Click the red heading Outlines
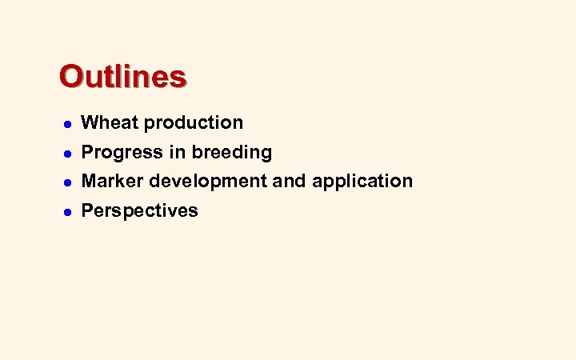point(122,77)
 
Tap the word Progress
point(120,152)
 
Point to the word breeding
point(233,152)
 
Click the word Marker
point(113,181)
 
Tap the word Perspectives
point(140,210)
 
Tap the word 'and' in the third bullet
point(290,181)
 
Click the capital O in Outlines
point(70,77)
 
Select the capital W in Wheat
point(90,122)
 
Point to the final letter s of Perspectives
point(194,212)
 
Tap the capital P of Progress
point(88,152)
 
